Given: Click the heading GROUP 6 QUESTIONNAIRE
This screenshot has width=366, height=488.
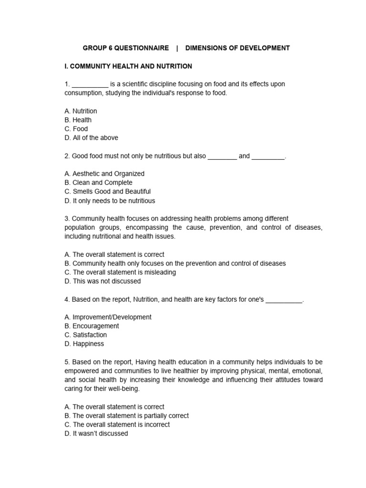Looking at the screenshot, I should click(x=126, y=48).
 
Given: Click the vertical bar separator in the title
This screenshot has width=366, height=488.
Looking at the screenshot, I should click(x=177, y=48).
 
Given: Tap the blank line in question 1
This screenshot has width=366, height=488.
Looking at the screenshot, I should click(x=90, y=85).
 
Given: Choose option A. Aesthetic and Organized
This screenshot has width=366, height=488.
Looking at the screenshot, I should click(x=104, y=174).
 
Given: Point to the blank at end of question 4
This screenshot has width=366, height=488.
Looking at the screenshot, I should click(x=284, y=300).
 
